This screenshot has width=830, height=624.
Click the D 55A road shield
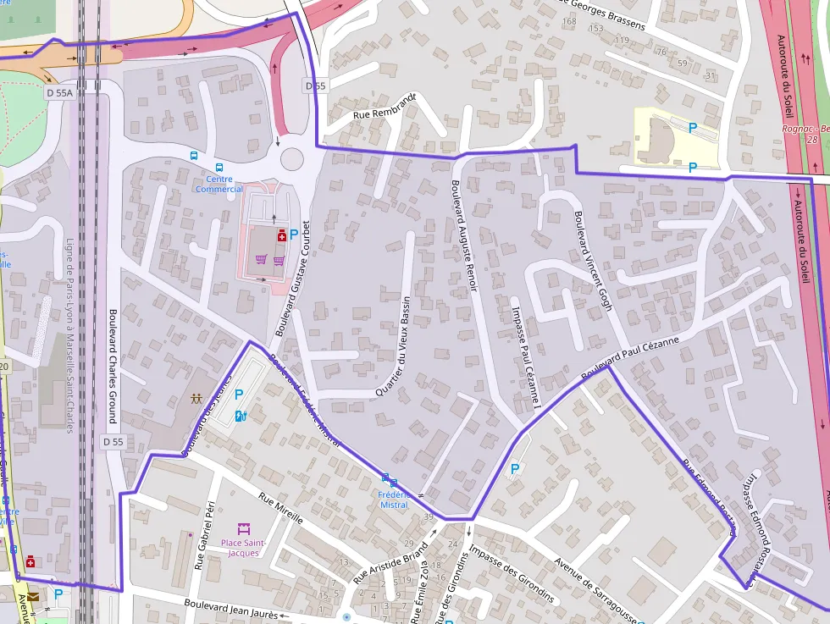pos(59,92)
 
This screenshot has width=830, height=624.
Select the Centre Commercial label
pos(219,184)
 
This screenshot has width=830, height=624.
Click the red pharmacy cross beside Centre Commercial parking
pos(280,238)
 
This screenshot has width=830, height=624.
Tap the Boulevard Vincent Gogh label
pos(593,261)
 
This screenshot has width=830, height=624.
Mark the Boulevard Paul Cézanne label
pos(631,355)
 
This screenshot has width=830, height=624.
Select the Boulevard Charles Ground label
pos(112,365)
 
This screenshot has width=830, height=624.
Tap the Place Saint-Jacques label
pos(244,547)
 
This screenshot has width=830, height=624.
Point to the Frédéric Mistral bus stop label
pos(394,500)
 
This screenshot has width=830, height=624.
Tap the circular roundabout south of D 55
pos(291,158)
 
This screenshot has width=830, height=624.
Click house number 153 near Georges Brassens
pos(596,29)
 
